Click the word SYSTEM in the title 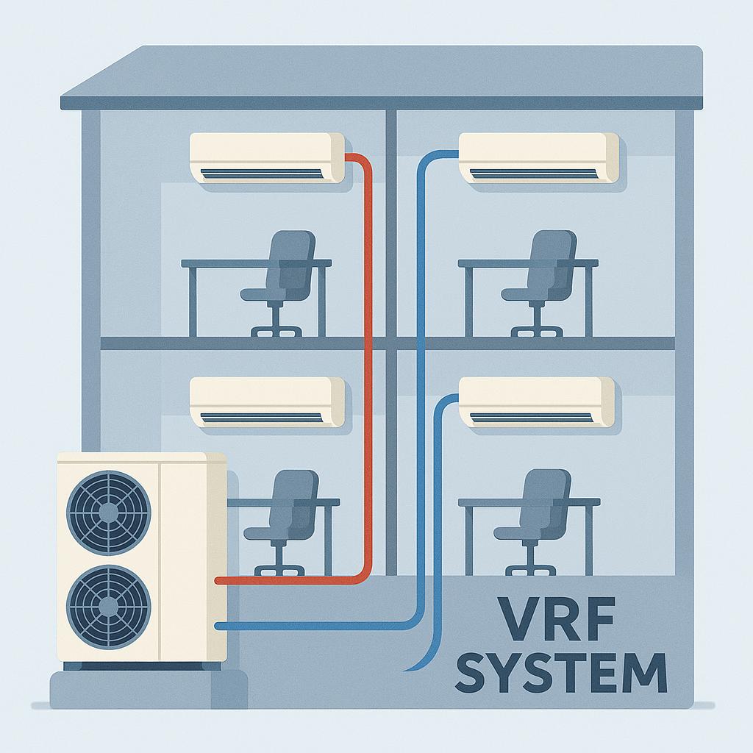tap(560, 672)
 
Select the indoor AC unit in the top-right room tap(538, 157)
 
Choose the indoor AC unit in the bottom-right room tap(537, 402)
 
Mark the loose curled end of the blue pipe tap(409, 668)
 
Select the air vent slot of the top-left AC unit tap(263, 174)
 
